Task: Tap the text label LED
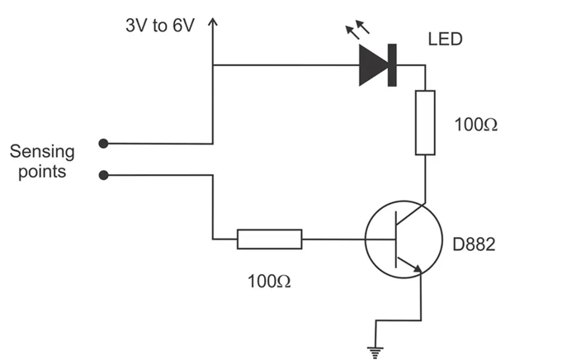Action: pyautogui.click(x=446, y=39)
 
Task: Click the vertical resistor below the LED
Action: pyautogui.click(x=424, y=123)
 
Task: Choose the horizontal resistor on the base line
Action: pyautogui.click(x=269, y=239)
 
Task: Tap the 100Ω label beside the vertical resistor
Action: pyautogui.click(x=476, y=126)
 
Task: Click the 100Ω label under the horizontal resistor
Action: pyautogui.click(x=269, y=281)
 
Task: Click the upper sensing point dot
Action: pyautogui.click(x=103, y=143)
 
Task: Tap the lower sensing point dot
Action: pyautogui.click(x=103, y=174)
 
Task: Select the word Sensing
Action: pyautogui.click(x=42, y=152)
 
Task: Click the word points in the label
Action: pyautogui.click(x=42, y=173)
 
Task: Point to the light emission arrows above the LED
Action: pyautogui.click(x=357, y=33)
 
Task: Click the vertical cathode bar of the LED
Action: pyautogui.click(x=392, y=65)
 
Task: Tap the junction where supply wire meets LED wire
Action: pyautogui.click(x=213, y=65)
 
